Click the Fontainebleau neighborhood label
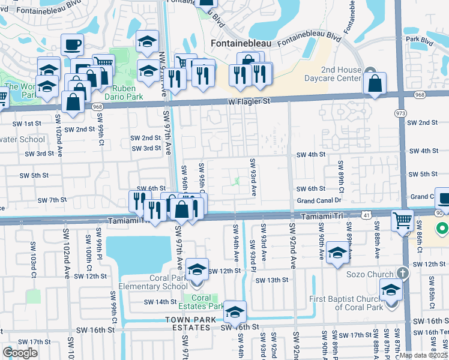(x=241, y=44)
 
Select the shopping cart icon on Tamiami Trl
(x=402, y=220)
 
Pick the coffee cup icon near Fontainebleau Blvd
(x=72, y=44)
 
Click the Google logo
(x=20, y=352)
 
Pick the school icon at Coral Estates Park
(x=235, y=311)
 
